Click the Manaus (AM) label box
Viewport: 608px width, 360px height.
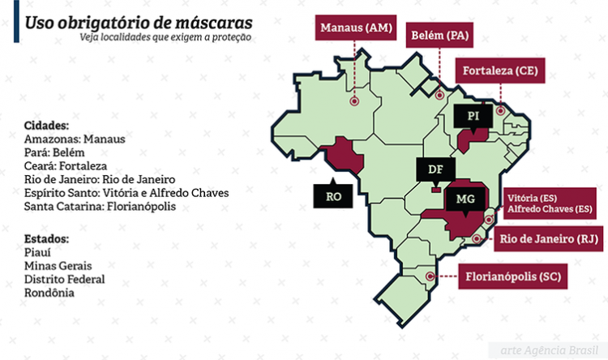(356, 28)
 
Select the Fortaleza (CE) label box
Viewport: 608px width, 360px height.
(500, 71)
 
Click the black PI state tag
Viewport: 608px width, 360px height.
(473, 117)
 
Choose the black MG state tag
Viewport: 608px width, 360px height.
(465, 199)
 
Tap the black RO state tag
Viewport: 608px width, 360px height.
(334, 195)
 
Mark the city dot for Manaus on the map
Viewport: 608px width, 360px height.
(354, 102)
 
